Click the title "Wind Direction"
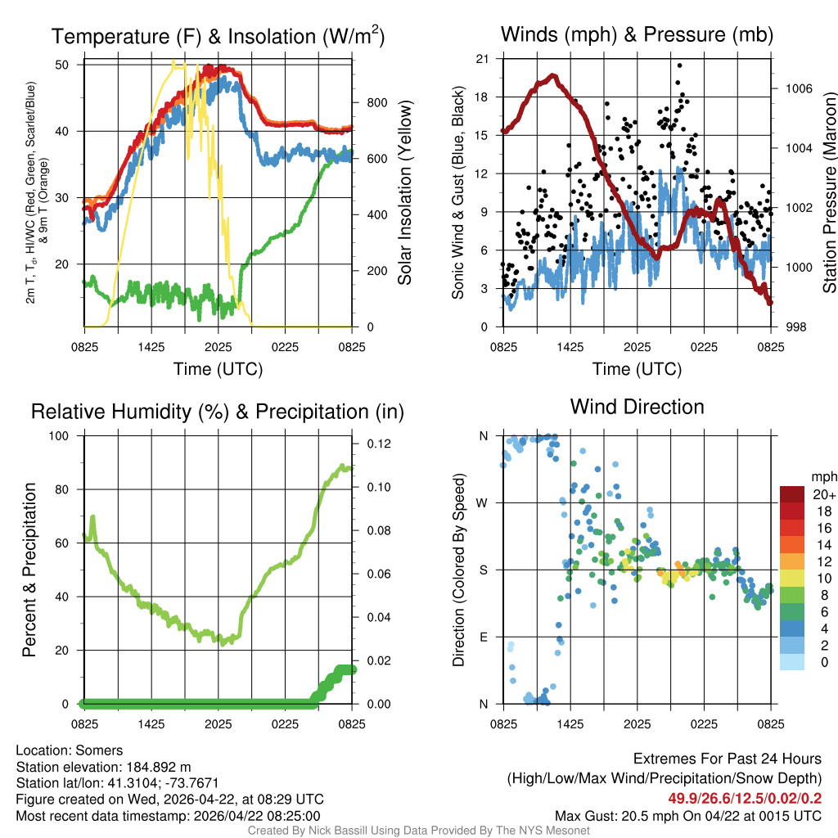pos(637,407)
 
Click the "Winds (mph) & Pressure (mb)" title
pos(637,34)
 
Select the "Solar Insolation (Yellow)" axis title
pos(404,194)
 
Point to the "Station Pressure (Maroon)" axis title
pos(829,194)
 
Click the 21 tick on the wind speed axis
pos(483,59)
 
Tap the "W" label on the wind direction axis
pos(484,502)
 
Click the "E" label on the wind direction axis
pos(484,637)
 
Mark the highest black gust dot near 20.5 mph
pos(679,65)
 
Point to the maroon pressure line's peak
pos(553,76)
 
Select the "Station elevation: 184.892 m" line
pos(103,767)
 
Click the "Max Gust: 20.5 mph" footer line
pos(687,815)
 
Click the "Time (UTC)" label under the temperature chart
pos(218,369)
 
